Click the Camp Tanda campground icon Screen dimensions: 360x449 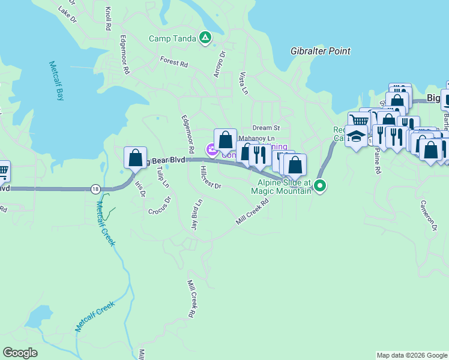pos(205,38)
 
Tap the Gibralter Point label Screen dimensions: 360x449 pos(320,51)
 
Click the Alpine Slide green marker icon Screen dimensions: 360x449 pos(320,186)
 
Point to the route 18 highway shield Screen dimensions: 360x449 pos(95,189)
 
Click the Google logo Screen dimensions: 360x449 pos(20,353)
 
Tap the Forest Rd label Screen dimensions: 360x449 pos(174,61)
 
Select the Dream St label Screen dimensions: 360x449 pos(266,128)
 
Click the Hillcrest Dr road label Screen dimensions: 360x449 pos(209,178)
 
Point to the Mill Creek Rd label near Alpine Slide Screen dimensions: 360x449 pos(252,212)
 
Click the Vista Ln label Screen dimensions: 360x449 pos(243,83)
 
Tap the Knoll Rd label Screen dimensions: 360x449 pos(107,19)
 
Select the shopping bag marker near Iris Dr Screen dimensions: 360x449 pos(136,158)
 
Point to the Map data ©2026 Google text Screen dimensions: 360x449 pos(411,355)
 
